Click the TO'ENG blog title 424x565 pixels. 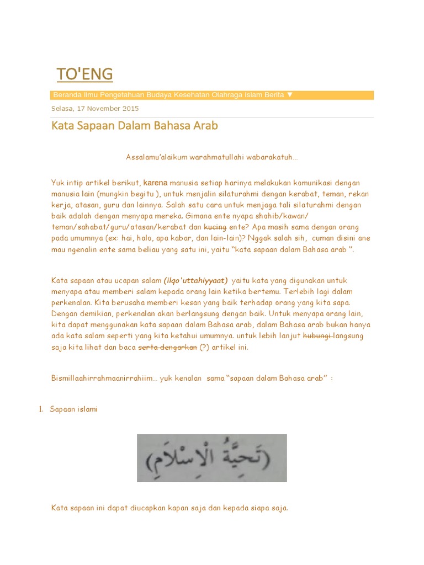click(x=84, y=74)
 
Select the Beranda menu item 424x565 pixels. click(x=66, y=95)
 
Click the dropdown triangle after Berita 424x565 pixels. click(x=290, y=95)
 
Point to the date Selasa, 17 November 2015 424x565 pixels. click(x=95, y=109)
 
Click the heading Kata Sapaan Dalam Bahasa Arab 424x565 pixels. click(x=134, y=126)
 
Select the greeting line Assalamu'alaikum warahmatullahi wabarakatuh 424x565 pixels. click(x=211, y=157)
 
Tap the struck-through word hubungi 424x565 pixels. click(x=317, y=336)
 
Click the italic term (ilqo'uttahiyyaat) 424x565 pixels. click(x=195, y=280)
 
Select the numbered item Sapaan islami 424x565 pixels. click(x=73, y=409)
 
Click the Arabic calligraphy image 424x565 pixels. click(x=211, y=458)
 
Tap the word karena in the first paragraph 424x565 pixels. click(x=155, y=182)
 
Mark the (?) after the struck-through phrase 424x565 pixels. click(x=205, y=347)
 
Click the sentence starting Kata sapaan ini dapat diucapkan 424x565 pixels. click(x=169, y=508)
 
